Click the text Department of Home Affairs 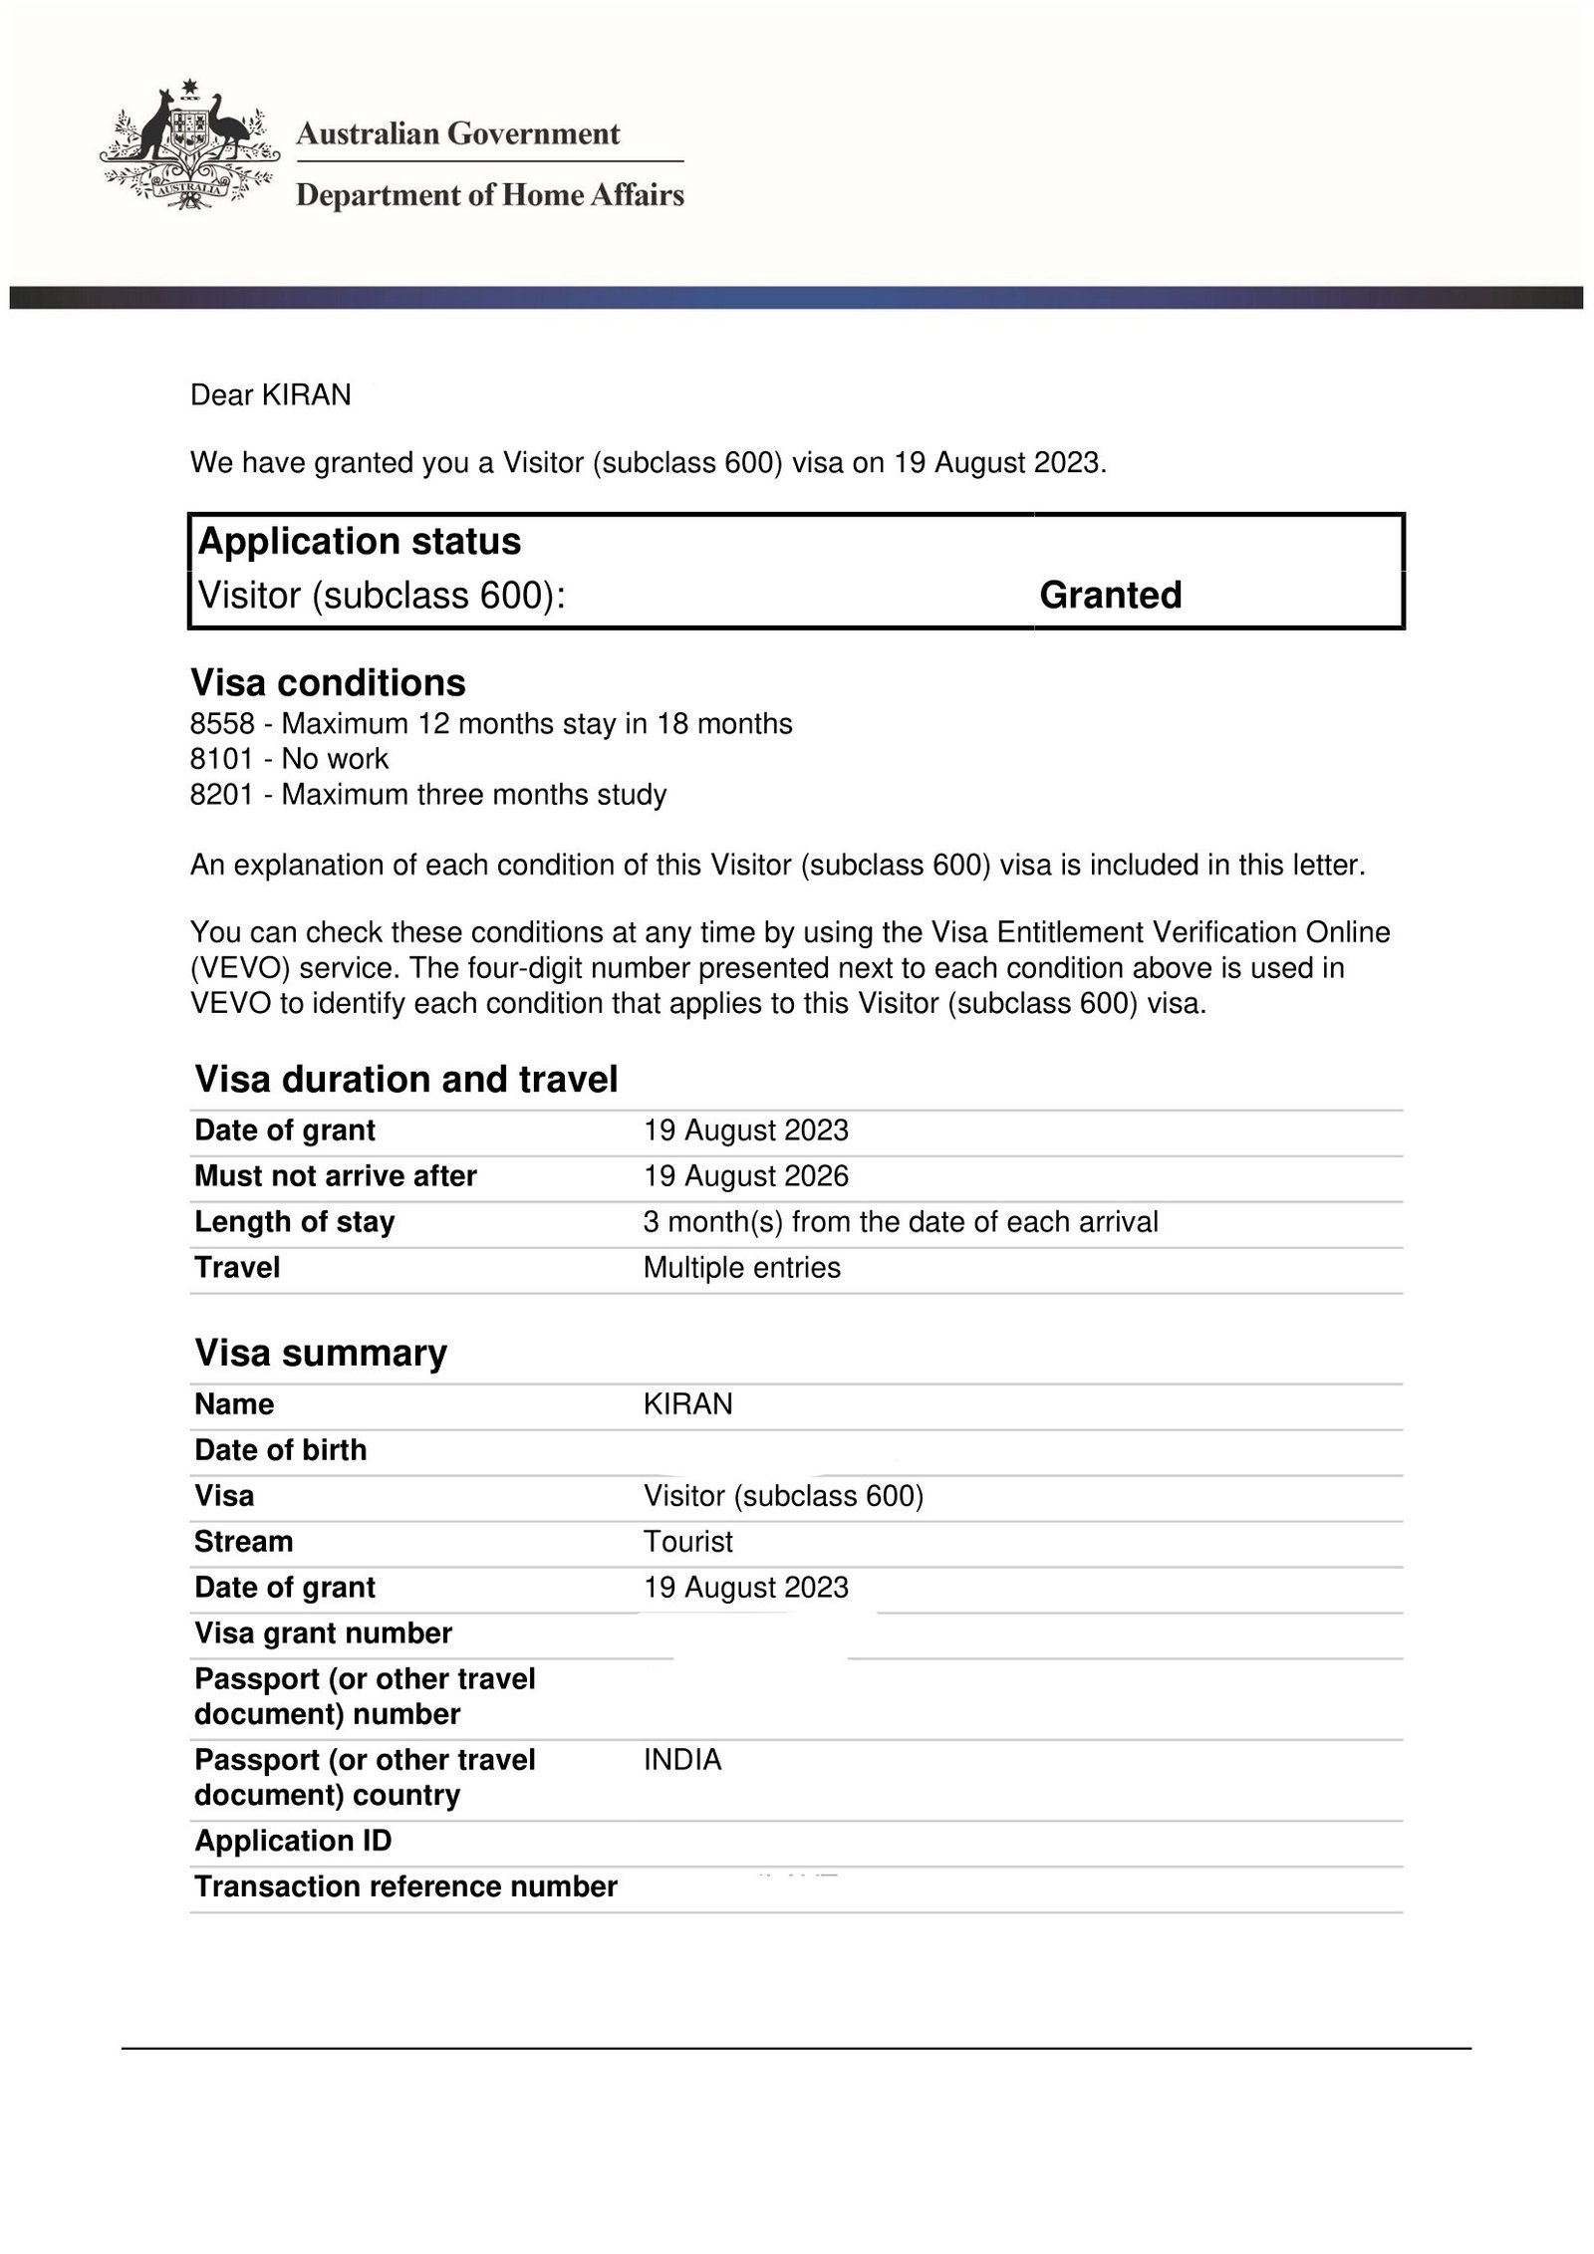click(x=490, y=194)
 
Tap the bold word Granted click(x=1110, y=595)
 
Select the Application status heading click(x=360, y=541)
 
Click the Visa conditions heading click(x=328, y=682)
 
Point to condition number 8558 click(x=222, y=723)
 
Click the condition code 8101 click(x=222, y=759)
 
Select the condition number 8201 click(x=222, y=795)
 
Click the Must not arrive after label click(x=336, y=1176)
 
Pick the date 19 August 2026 click(x=746, y=1176)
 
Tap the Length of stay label click(x=295, y=1222)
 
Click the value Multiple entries click(x=742, y=1268)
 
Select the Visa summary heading click(x=321, y=1353)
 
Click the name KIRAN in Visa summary click(x=688, y=1404)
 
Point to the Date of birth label click(x=281, y=1450)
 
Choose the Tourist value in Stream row click(x=688, y=1542)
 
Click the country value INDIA click(x=682, y=1760)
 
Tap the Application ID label click(x=293, y=1841)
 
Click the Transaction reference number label click(x=405, y=1886)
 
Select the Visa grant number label click(x=323, y=1633)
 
